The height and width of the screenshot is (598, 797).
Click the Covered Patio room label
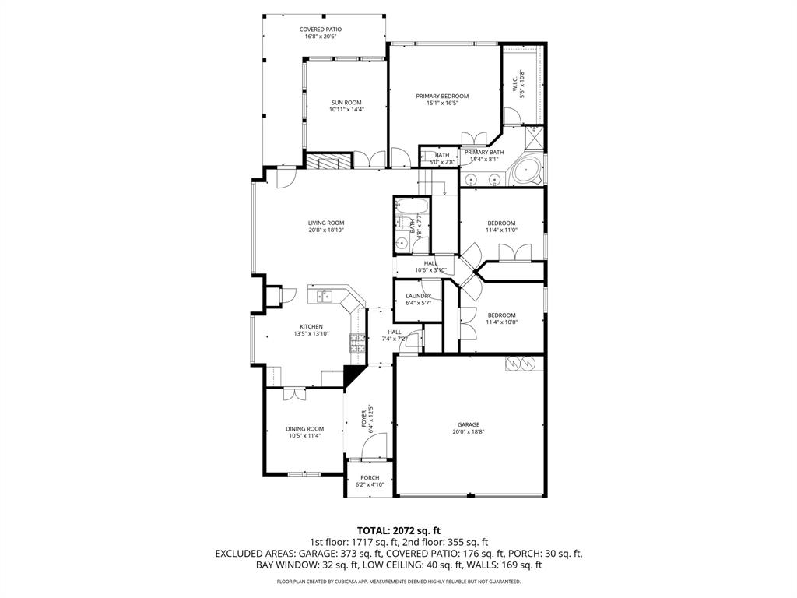pyautogui.click(x=321, y=30)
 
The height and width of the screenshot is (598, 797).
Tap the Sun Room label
pyautogui.click(x=346, y=103)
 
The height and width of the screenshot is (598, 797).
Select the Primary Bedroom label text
pyautogui.click(x=442, y=96)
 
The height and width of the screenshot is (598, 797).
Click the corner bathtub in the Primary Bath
pyautogui.click(x=527, y=171)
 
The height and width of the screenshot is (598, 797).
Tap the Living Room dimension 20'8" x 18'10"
pyautogui.click(x=325, y=230)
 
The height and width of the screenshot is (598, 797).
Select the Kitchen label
pyautogui.click(x=311, y=327)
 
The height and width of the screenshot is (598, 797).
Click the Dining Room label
pyautogui.click(x=304, y=429)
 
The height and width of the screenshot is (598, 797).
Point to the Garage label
pyautogui.click(x=468, y=425)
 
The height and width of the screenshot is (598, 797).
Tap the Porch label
pyautogui.click(x=370, y=478)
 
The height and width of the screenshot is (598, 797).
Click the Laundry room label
pyautogui.click(x=418, y=296)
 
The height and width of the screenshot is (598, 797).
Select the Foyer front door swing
pyautogui.click(x=377, y=447)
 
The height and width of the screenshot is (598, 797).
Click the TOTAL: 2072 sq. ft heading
pyautogui.click(x=398, y=529)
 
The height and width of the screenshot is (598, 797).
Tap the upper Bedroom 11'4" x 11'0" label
pyautogui.click(x=501, y=223)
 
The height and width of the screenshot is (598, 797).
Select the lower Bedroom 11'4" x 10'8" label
pyautogui.click(x=501, y=315)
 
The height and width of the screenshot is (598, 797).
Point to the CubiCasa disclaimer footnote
pyautogui.click(x=398, y=582)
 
